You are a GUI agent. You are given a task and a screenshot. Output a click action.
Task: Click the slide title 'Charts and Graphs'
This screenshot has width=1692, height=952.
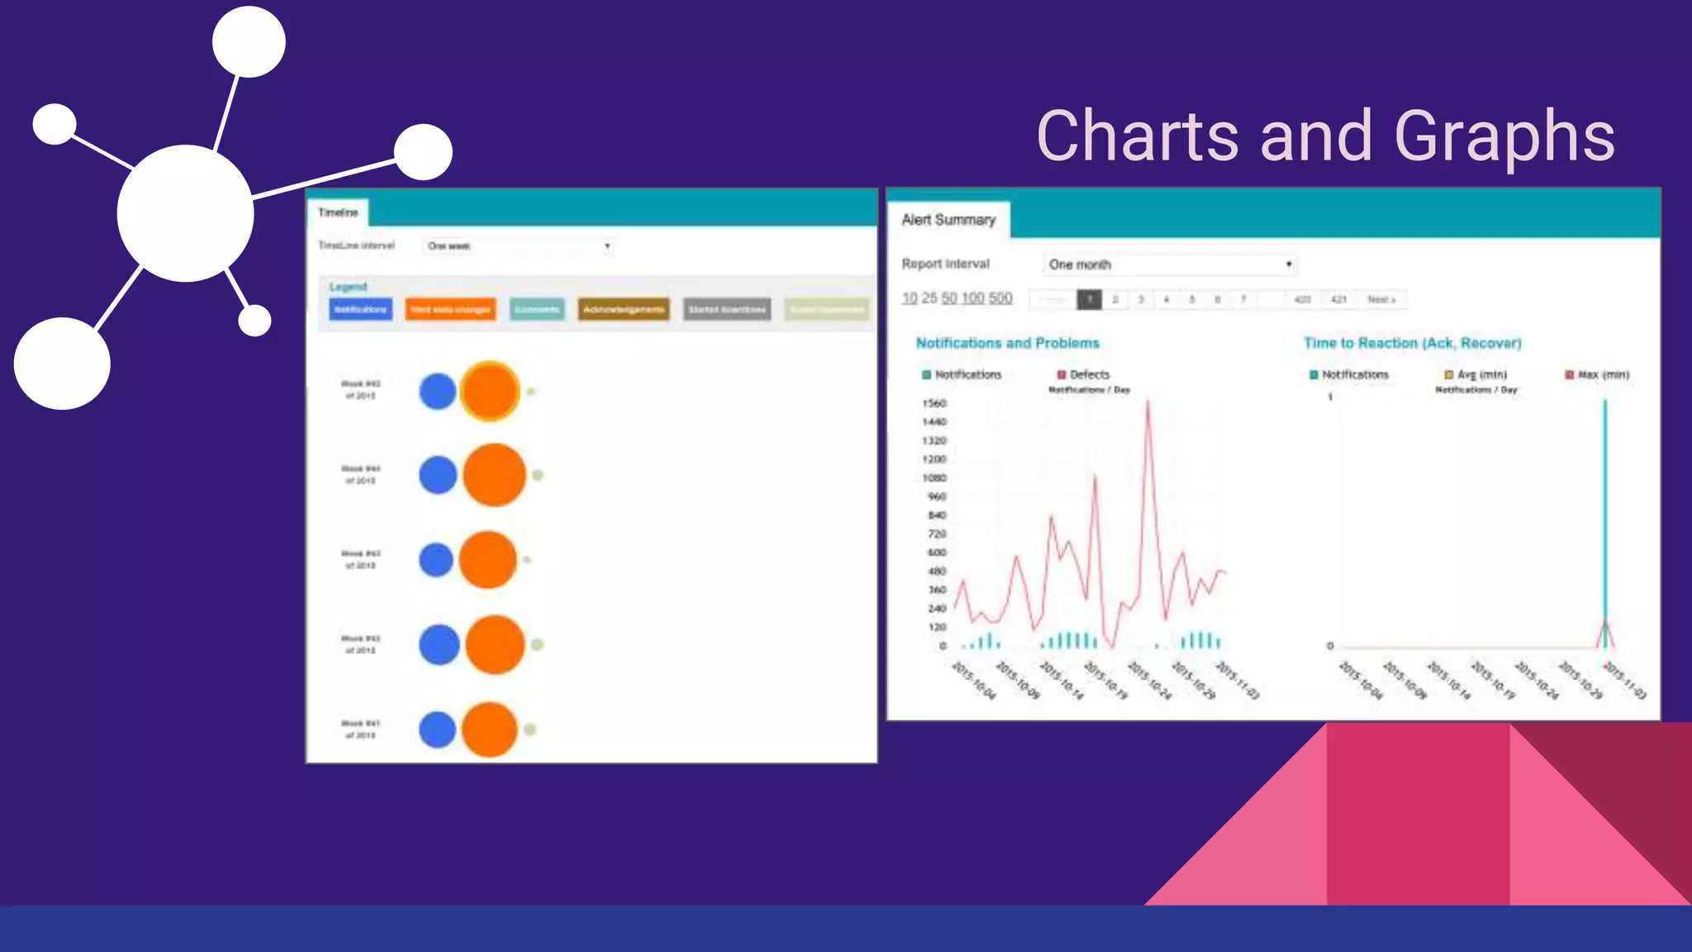point(1325,136)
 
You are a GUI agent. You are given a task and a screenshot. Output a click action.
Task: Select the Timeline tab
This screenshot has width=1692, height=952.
point(338,212)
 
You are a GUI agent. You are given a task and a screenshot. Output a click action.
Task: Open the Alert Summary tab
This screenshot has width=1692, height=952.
point(948,220)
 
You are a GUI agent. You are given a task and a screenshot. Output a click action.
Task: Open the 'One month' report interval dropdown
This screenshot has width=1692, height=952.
point(1168,264)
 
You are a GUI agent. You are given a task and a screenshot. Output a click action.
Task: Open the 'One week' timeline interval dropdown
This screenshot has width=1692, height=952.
point(518,245)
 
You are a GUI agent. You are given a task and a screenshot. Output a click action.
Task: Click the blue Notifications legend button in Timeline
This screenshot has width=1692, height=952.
point(360,309)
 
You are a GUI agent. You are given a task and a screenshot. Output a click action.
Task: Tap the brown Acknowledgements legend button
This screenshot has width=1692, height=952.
point(624,309)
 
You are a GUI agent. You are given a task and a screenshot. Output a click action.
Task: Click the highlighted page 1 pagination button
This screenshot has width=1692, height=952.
point(1089,299)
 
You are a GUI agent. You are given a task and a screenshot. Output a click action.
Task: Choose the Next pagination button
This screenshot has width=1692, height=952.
point(1381,299)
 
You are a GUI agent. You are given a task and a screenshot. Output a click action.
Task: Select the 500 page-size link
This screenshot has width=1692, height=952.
point(1000,298)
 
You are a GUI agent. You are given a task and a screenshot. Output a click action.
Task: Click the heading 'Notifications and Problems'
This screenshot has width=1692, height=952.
point(1007,343)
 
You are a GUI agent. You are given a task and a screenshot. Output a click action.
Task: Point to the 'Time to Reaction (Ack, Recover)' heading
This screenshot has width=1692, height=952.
point(1412,343)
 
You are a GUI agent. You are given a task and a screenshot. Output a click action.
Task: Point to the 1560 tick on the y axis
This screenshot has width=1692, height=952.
point(934,403)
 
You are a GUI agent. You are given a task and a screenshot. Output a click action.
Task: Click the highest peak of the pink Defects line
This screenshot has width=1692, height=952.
point(1148,402)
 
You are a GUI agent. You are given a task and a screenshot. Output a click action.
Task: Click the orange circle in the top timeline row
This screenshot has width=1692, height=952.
point(490,392)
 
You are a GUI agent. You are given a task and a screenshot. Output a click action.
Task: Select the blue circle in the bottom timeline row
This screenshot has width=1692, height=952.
point(437,730)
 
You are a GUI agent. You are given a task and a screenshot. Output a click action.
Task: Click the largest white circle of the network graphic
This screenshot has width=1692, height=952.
point(185,213)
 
